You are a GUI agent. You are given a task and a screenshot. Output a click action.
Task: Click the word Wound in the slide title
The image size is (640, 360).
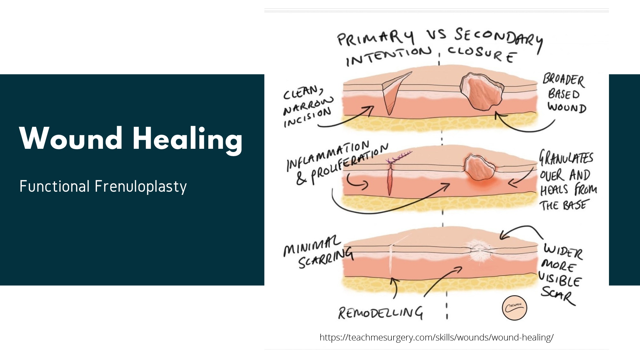point(71,138)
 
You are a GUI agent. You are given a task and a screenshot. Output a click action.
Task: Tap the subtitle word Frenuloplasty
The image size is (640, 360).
point(140,186)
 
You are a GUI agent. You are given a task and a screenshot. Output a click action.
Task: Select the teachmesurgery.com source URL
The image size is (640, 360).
point(436,337)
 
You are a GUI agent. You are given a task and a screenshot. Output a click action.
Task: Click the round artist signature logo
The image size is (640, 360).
point(514,308)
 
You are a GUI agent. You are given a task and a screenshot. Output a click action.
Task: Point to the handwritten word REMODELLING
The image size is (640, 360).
point(380,313)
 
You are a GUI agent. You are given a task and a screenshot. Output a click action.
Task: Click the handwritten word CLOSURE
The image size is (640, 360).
point(482,54)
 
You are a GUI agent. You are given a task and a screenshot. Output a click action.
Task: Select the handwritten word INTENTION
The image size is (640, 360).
point(388,56)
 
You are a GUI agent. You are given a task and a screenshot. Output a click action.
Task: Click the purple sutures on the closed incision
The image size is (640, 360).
point(398,157)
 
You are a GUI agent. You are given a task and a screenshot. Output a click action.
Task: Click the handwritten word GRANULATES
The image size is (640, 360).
point(566,158)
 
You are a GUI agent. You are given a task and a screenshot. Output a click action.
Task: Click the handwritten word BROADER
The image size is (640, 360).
point(564,79)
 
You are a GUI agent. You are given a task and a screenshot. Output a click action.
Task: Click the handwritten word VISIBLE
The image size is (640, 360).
point(560,279)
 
